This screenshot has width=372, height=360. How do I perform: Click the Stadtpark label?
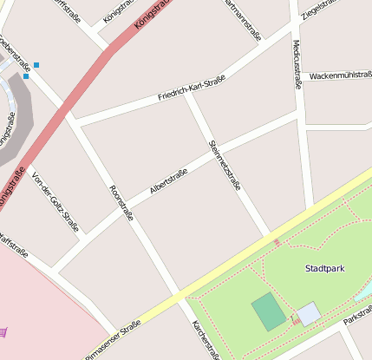point(324,269)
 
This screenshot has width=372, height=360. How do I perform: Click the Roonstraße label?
point(121,203)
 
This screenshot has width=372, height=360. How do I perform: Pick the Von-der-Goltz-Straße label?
point(55,201)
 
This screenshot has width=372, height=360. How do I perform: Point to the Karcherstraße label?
point(205,340)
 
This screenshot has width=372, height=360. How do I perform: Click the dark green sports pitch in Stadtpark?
point(269,311)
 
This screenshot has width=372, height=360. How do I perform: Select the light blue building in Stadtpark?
point(309,314)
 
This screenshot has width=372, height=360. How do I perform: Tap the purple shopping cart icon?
point(4,331)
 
